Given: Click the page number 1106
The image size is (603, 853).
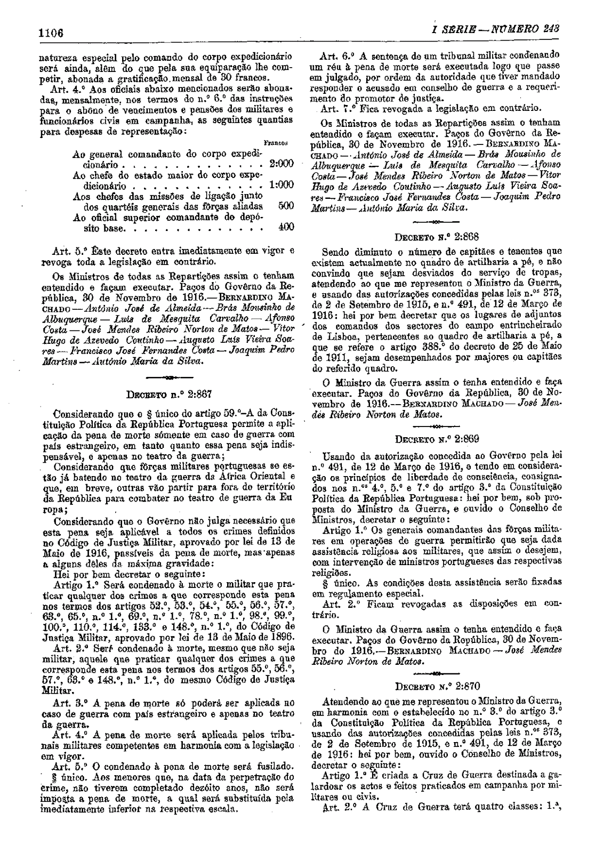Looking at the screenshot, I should [51, 32].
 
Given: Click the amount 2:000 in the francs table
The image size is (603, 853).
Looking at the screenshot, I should [282, 164].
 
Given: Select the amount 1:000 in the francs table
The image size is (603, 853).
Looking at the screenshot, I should [282, 186].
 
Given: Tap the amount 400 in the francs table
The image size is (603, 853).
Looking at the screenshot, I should [286, 227].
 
